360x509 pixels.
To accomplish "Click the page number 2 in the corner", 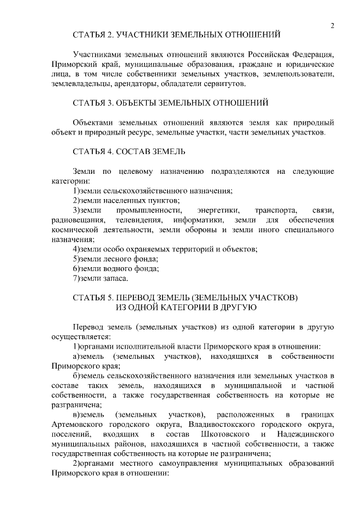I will (x=333, y=25).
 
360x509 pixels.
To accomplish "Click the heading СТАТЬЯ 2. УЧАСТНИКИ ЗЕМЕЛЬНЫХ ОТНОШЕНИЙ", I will (x=177, y=35).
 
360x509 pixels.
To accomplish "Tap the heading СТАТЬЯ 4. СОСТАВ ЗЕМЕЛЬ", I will (x=129, y=151).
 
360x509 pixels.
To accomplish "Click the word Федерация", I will (x=311, y=55).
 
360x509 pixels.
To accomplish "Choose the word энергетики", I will (x=209, y=210).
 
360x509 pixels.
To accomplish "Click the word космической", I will (x=76, y=229).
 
